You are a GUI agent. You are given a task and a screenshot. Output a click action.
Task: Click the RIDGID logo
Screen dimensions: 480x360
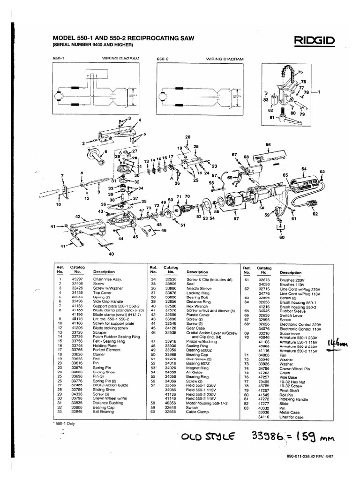click(315, 42)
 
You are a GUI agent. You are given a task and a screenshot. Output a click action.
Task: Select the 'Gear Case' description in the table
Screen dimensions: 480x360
click(196, 328)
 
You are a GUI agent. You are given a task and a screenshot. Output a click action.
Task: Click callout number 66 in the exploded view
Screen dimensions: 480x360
click(269, 144)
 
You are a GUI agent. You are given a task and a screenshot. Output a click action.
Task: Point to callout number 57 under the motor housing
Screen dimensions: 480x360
click(236, 218)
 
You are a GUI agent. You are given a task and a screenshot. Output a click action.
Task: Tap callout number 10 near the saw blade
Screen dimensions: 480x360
click(59, 204)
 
